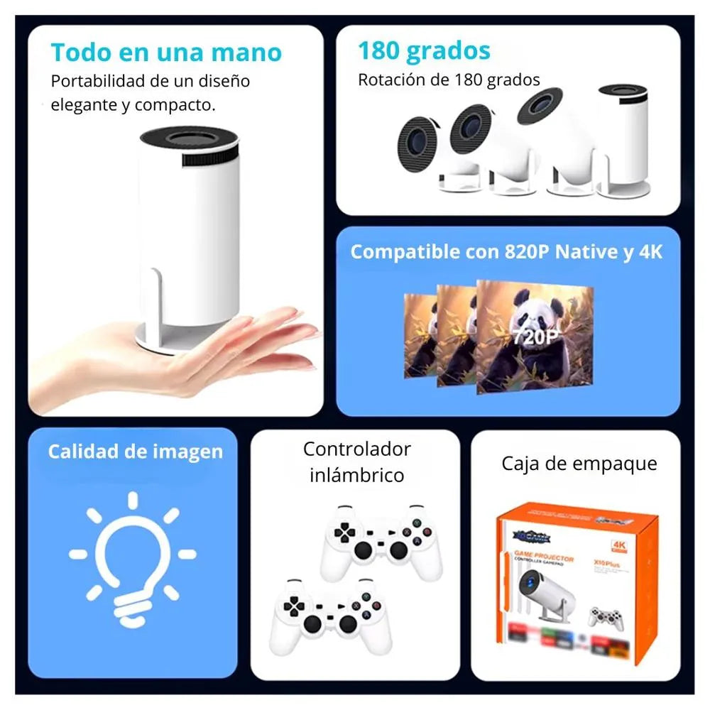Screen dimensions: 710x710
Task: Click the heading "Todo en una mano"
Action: [x=166, y=53]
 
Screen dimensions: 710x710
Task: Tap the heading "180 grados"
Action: [x=424, y=51]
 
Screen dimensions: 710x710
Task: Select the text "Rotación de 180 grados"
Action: [x=449, y=80]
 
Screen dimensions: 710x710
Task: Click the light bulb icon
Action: [x=132, y=557]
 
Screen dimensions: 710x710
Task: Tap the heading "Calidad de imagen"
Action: [x=135, y=452]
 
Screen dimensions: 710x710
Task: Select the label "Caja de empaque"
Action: [x=579, y=464]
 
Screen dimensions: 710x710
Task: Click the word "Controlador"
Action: [x=356, y=449]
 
